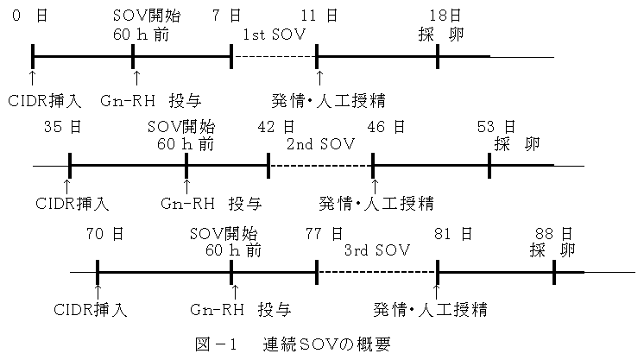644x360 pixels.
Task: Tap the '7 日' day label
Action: (x=228, y=16)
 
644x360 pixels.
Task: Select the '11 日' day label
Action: (x=320, y=16)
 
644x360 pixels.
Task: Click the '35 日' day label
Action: (x=63, y=127)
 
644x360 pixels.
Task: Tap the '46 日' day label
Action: (x=385, y=127)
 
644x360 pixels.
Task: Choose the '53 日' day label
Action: (x=496, y=127)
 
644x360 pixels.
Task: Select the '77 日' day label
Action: (x=324, y=234)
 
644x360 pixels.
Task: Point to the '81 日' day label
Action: (x=451, y=234)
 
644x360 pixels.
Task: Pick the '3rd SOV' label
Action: (x=376, y=250)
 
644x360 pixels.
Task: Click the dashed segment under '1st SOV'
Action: (x=275, y=56)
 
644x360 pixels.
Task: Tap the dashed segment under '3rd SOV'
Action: (x=376, y=272)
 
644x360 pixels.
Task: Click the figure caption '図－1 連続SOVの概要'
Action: (x=292, y=344)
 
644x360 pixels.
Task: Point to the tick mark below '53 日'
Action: (x=489, y=165)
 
